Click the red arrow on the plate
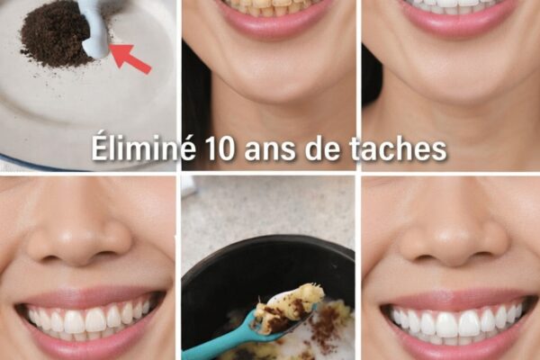pos(131,58)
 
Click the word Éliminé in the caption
pos(143,148)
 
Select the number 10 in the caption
pos(219,149)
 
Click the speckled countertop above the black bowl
pos(268,207)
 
